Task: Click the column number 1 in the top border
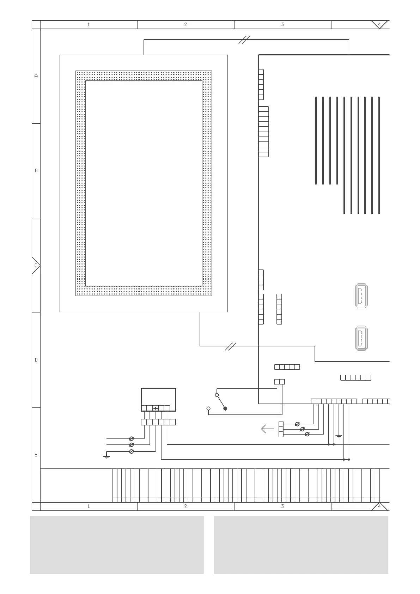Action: pos(89,25)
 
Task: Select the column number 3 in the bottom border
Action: pos(282,507)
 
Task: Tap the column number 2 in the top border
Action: pos(185,25)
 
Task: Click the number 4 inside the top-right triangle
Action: pos(379,24)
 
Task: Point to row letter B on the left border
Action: pos(36,171)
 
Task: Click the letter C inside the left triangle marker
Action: pos(36,266)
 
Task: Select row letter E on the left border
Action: pos(36,455)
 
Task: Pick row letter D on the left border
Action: pos(36,360)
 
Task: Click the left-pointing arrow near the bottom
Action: pos(267,429)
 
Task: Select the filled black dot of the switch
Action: pos(225,408)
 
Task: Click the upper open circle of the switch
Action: pos(217,395)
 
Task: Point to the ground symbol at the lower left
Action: pos(106,457)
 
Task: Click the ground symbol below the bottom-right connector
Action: pos(339,437)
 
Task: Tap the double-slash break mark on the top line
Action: pos(244,40)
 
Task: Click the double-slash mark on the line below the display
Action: pos(230,346)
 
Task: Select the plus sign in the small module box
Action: pos(156,408)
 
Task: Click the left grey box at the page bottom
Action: pos(117,545)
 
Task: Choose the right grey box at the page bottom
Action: pos(301,545)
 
